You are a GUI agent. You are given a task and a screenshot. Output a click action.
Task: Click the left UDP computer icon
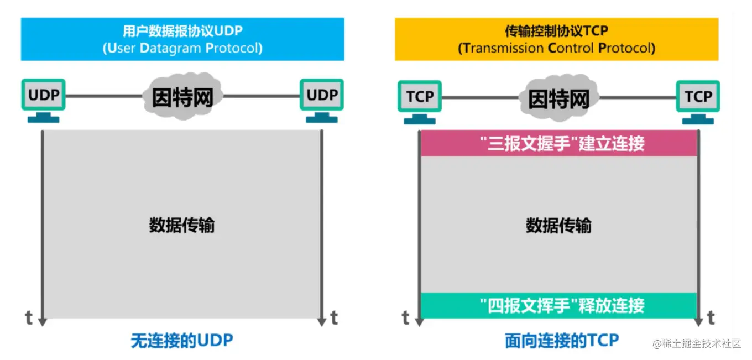pos(43,100)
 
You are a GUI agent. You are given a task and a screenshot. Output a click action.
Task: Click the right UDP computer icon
pos(322,100)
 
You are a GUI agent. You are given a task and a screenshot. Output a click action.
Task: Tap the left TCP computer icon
pos(420,101)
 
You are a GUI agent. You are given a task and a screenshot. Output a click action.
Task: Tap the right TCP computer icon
pos(698,101)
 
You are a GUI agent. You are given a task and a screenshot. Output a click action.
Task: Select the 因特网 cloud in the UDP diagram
pos(182,97)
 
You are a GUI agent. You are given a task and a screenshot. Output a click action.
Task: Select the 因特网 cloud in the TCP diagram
pos(558,98)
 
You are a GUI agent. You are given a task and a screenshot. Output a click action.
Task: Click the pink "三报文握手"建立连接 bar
pos(558,144)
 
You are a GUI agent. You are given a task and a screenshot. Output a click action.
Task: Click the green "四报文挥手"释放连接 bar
pos(558,305)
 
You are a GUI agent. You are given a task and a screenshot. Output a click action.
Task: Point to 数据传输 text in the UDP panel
pos(182,226)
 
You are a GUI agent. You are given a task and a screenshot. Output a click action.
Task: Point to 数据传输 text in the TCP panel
pos(558,226)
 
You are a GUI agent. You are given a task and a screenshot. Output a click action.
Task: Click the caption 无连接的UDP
pos(182,341)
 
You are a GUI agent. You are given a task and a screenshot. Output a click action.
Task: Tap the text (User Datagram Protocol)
pos(182,48)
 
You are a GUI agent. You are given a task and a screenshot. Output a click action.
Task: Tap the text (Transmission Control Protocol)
pos(556,48)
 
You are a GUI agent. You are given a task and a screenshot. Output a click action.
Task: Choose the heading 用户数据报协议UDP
pos(182,31)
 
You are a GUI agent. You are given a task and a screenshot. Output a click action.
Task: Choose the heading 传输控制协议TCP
pos(556,31)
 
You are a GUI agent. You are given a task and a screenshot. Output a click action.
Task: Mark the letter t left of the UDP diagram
pos(29,318)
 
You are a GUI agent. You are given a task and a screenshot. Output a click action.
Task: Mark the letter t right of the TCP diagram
pos(711,318)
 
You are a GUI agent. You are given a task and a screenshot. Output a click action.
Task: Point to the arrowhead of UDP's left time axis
pos(43,322)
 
